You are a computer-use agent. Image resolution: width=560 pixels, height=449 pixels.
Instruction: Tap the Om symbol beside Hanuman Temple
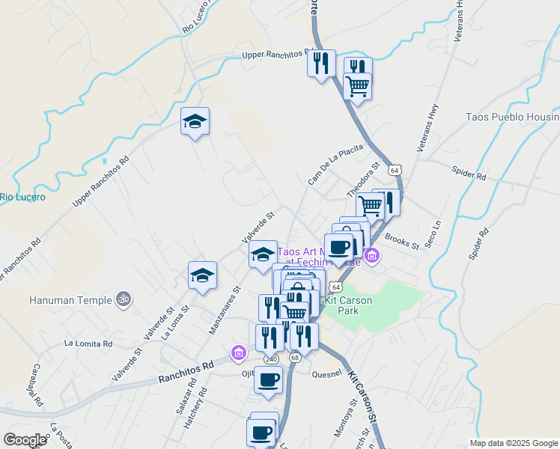point(124,299)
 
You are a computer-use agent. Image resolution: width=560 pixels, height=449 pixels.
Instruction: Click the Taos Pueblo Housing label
point(512,117)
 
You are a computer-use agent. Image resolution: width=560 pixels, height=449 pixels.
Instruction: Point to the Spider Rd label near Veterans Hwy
point(470,174)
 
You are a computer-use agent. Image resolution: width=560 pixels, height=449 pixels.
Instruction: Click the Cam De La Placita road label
point(335,165)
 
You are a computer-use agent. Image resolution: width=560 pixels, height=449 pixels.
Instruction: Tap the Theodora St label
point(365,179)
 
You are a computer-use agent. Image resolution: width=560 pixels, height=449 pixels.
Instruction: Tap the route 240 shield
point(271,359)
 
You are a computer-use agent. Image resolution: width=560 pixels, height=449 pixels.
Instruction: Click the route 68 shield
point(295,358)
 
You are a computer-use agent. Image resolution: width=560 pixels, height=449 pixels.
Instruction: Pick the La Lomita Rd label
point(88,344)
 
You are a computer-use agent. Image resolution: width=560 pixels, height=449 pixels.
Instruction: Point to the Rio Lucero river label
point(22,198)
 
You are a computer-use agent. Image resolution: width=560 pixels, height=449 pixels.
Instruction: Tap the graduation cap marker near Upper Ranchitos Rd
point(195,122)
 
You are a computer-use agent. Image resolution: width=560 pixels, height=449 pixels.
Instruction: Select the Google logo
point(25,440)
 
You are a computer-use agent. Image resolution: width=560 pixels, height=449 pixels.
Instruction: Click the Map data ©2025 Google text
point(514,443)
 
